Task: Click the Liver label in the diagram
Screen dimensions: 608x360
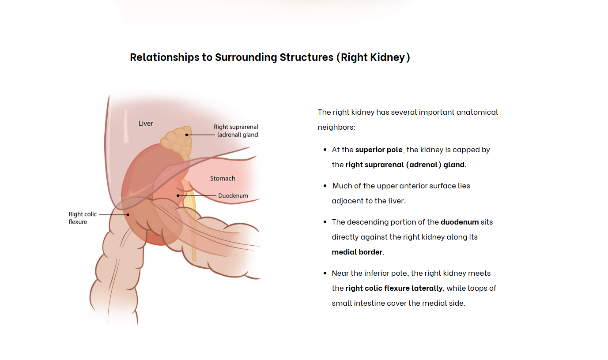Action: tap(145, 124)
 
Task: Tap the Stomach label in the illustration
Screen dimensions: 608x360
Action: tap(223, 179)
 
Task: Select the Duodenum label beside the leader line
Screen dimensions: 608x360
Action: tap(233, 195)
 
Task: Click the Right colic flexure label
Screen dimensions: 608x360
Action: tap(83, 218)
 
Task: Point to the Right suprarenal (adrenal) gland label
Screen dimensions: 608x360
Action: tap(236, 131)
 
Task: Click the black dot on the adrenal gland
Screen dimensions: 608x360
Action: tap(187, 135)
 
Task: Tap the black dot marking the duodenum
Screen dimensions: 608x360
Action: tap(178, 195)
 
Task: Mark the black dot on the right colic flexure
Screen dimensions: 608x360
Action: tap(128, 214)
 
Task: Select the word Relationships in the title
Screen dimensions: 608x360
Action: tap(165, 57)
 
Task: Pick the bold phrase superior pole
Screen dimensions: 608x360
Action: tap(379, 150)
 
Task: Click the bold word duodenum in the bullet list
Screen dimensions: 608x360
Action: tap(460, 222)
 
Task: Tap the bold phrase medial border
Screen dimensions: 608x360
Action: tap(357, 252)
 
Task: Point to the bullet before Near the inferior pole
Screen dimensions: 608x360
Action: tap(325, 273)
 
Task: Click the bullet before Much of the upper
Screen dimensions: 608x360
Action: tap(325, 186)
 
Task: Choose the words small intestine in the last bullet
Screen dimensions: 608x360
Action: tap(358, 303)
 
